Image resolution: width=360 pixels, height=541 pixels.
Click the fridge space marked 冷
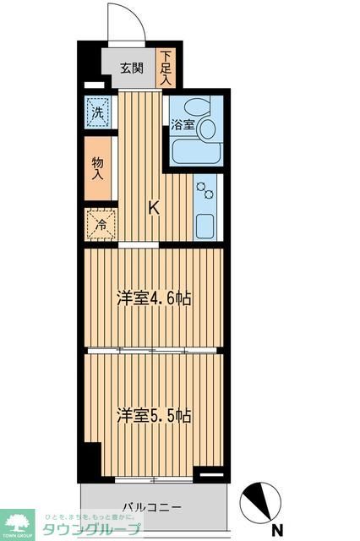click(x=100, y=225)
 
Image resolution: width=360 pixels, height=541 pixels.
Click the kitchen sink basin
click(x=206, y=225)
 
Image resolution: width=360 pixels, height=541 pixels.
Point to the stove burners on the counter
click(x=206, y=194)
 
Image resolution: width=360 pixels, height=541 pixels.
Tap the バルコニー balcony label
click(x=151, y=507)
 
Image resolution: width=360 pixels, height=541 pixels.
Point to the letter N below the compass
click(x=277, y=531)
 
